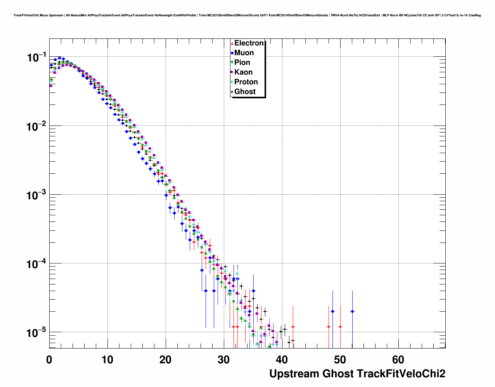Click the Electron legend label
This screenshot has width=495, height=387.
tap(249, 43)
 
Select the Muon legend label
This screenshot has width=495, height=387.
tap(244, 53)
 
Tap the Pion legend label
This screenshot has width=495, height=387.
tap(242, 63)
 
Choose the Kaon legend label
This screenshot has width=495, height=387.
tap(243, 72)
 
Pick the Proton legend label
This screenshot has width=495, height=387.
tap(246, 82)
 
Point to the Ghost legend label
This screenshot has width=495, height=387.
tap(245, 92)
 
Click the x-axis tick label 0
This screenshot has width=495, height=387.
tap(49, 360)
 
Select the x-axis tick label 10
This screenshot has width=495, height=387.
tap(107, 360)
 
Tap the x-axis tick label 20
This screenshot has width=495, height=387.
tap(166, 360)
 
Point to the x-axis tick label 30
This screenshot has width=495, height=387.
tap(224, 360)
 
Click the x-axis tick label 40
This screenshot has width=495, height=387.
tap(282, 360)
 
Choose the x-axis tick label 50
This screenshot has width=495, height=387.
tap(340, 360)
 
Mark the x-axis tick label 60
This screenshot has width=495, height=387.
tap(398, 360)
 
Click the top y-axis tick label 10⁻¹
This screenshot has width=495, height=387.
tap(36, 58)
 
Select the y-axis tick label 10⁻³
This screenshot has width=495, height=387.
tap(36, 195)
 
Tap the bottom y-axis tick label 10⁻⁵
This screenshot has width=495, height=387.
tap(36, 333)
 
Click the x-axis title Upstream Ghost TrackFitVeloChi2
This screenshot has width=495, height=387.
tap(357, 374)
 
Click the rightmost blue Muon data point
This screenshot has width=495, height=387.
tap(352, 311)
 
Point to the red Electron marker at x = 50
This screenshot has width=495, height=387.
tap(340, 327)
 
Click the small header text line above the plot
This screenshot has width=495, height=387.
tap(247, 16)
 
